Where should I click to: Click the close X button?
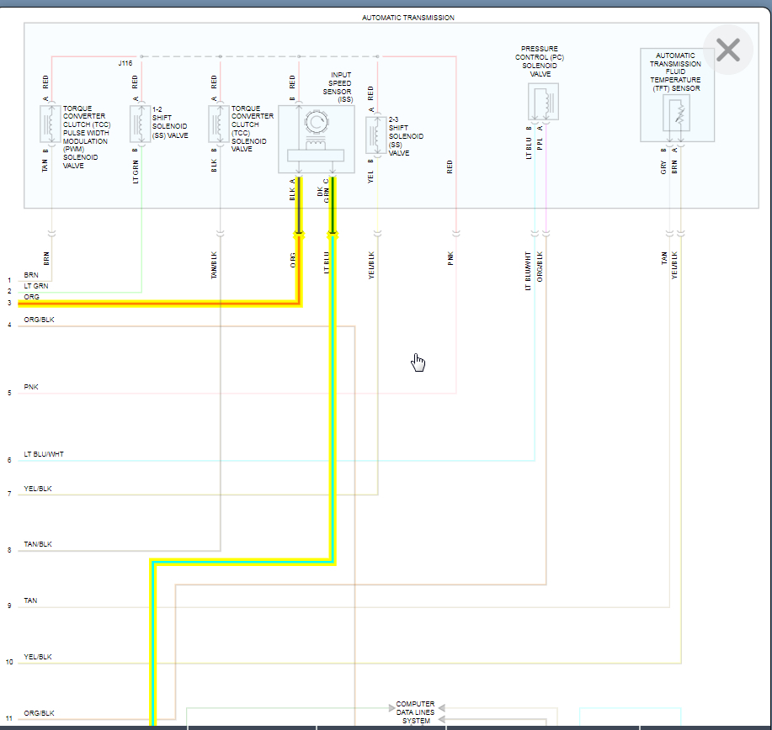click(727, 50)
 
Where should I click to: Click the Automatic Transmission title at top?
click(407, 18)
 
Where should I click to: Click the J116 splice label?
click(125, 63)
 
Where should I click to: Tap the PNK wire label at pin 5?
click(31, 388)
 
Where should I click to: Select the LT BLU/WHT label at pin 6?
click(44, 455)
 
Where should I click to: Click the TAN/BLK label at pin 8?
click(38, 545)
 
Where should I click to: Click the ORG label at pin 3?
click(31, 297)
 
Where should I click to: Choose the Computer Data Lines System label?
click(416, 712)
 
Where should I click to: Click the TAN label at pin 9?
click(30, 601)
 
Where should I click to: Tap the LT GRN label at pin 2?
click(36, 286)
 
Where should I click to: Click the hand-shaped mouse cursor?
click(418, 362)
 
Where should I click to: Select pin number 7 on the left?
click(9, 494)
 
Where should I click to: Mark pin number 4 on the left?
click(9, 325)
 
